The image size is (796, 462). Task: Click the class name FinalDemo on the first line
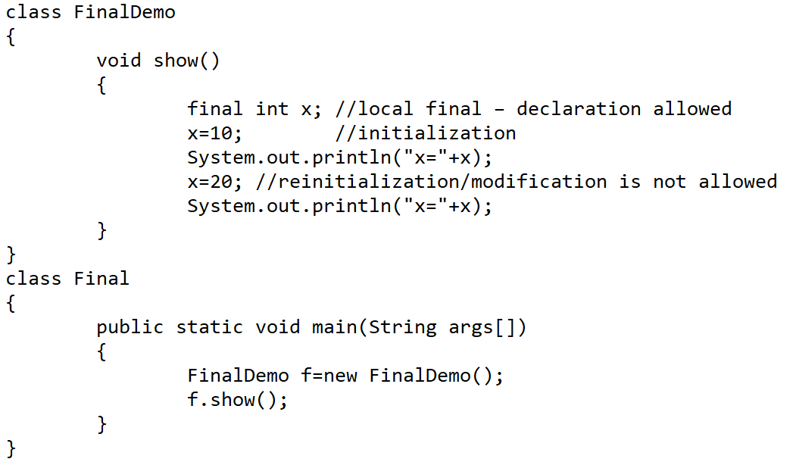click(x=124, y=13)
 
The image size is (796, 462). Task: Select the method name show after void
click(x=176, y=61)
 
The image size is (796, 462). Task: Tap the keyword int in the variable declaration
click(x=273, y=109)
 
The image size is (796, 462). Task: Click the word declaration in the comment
click(x=579, y=109)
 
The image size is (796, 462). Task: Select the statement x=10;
click(x=215, y=133)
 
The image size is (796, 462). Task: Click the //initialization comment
click(x=425, y=133)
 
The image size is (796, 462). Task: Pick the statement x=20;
click(x=215, y=182)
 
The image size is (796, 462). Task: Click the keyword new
click(x=340, y=376)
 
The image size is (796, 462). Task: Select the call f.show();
click(x=238, y=400)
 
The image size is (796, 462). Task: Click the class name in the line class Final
click(x=101, y=279)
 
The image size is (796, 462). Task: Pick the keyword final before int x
click(x=215, y=109)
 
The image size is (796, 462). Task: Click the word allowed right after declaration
click(x=692, y=109)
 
